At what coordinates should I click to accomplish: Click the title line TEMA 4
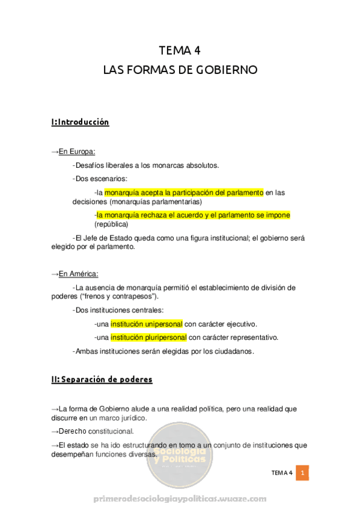(x=179, y=50)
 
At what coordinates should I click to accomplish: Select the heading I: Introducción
(x=80, y=122)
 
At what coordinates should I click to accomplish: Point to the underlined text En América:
(x=79, y=274)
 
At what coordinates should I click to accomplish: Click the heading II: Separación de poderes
(x=102, y=379)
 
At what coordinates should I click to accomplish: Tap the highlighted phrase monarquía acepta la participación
(x=184, y=192)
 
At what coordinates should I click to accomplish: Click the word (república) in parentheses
(x=111, y=224)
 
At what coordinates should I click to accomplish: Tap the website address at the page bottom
(x=180, y=499)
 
